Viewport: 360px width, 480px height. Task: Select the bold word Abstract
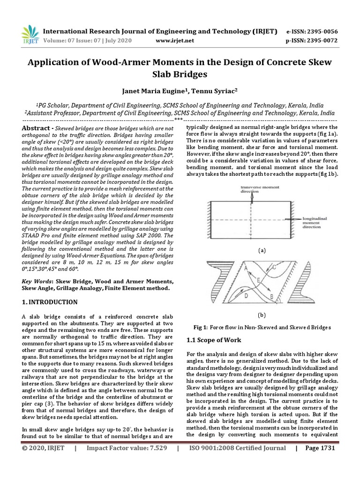[36, 128]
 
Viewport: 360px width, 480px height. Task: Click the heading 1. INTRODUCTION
[50, 302]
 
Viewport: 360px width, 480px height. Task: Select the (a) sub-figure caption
[262, 250]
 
